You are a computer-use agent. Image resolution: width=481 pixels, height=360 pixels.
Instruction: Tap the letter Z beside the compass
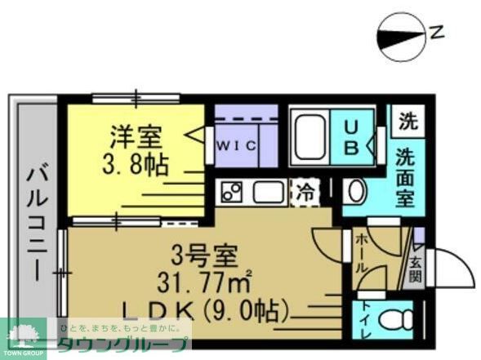tap(437, 33)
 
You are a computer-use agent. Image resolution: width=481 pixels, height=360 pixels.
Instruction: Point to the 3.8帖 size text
tap(135, 167)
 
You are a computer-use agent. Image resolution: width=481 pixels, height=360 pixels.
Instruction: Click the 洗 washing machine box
tap(406, 122)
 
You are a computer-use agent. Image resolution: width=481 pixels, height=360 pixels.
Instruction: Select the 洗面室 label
tap(405, 175)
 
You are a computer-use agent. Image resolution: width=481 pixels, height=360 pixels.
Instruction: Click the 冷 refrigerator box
tap(305, 193)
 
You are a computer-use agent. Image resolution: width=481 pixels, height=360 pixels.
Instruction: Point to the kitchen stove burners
tap(231, 193)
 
